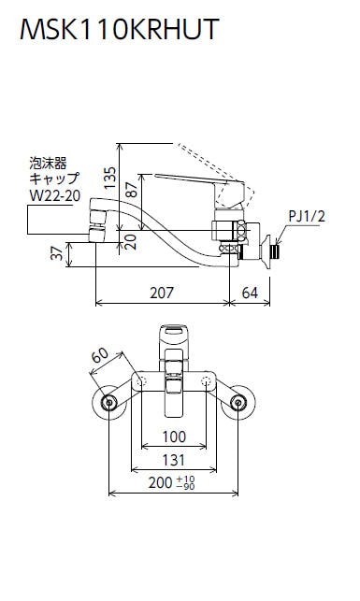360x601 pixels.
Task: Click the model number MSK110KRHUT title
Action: [120, 29]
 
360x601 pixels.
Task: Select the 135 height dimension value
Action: [109, 177]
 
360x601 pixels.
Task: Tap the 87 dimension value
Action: [132, 190]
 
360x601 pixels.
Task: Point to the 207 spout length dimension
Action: [162, 293]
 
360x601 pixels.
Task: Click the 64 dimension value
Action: [250, 293]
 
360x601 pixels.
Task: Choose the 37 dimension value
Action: [57, 253]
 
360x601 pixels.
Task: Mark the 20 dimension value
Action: [131, 242]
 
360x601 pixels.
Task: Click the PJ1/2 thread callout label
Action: [307, 217]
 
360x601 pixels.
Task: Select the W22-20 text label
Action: [55, 196]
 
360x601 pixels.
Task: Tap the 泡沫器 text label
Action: [49, 164]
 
